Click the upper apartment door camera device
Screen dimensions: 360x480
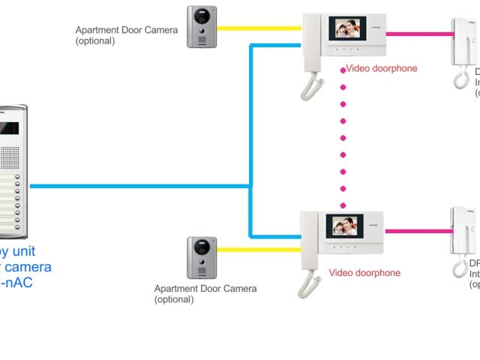click(x=201, y=27)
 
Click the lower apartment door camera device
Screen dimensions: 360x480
click(x=201, y=257)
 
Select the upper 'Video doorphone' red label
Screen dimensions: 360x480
click(x=381, y=68)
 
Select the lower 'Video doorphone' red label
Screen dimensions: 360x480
click(x=364, y=273)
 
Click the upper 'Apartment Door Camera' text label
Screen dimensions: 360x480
click(x=127, y=31)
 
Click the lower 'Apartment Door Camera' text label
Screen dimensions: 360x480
click(x=205, y=289)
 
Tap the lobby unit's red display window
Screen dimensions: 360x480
click(x=9, y=127)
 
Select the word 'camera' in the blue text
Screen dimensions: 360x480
click(x=28, y=267)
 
